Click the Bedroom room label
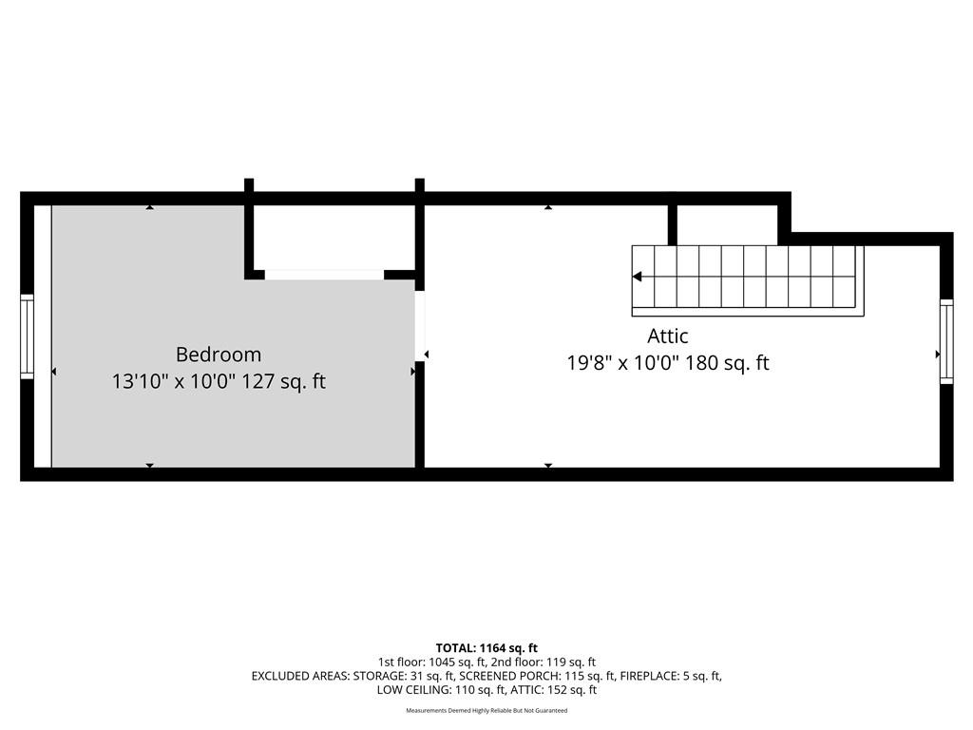point(219,355)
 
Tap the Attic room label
point(668,336)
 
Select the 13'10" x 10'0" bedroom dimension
point(173,380)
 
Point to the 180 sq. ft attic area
point(727,362)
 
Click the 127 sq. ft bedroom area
point(283,380)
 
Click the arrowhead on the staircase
point(637,277)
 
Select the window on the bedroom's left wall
point(27,336)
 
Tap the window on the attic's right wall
point(946,341)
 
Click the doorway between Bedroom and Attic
point(420,326)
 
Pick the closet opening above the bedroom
point(325,275)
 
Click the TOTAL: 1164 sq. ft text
point(486,648)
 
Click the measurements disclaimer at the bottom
point(486,711)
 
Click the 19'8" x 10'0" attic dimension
point(623,362)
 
